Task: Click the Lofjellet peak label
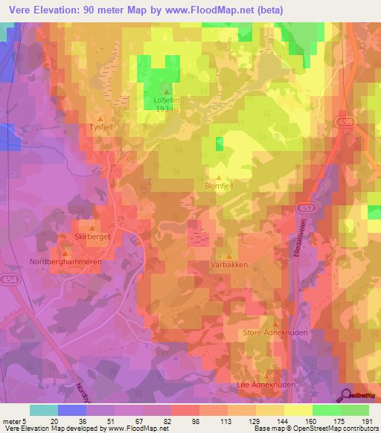coord(166,99)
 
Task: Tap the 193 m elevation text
coord(166,109)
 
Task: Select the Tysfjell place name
coord(100,127)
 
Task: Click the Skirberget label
coord(92,237)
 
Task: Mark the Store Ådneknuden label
coord(274,333)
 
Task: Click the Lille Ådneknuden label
coord(270,385)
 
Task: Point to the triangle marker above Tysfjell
coord(101,118)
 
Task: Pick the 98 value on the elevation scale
coord(196,421)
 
